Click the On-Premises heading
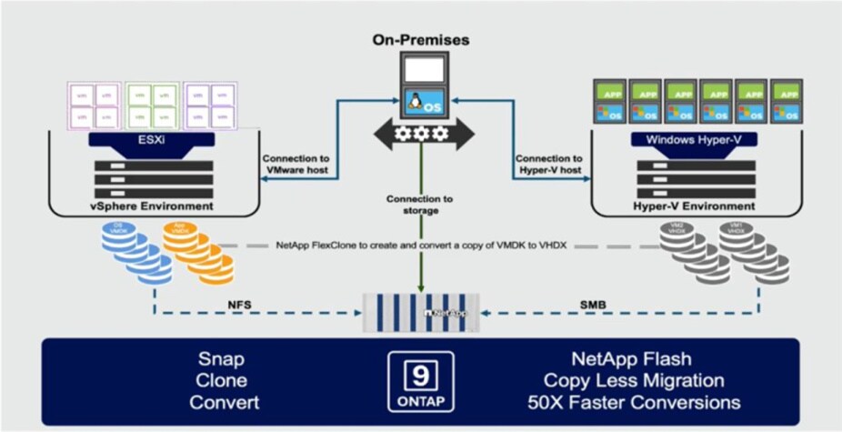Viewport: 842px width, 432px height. pyautogui.click(x=422, y=40)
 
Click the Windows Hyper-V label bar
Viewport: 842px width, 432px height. pyautogui.click(x=696, y=140)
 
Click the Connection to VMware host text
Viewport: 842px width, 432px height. pyautogui.click(x=295, y=164)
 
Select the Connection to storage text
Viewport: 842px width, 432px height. pyautogui.click(x=419, y=205)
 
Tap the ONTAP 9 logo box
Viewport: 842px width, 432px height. pyautogui.click(x=419, y=381)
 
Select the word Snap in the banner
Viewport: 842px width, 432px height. pyautogui.click(x=223, y=359)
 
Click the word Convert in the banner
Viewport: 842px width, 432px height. pyautogui.click(x=223, y=401)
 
